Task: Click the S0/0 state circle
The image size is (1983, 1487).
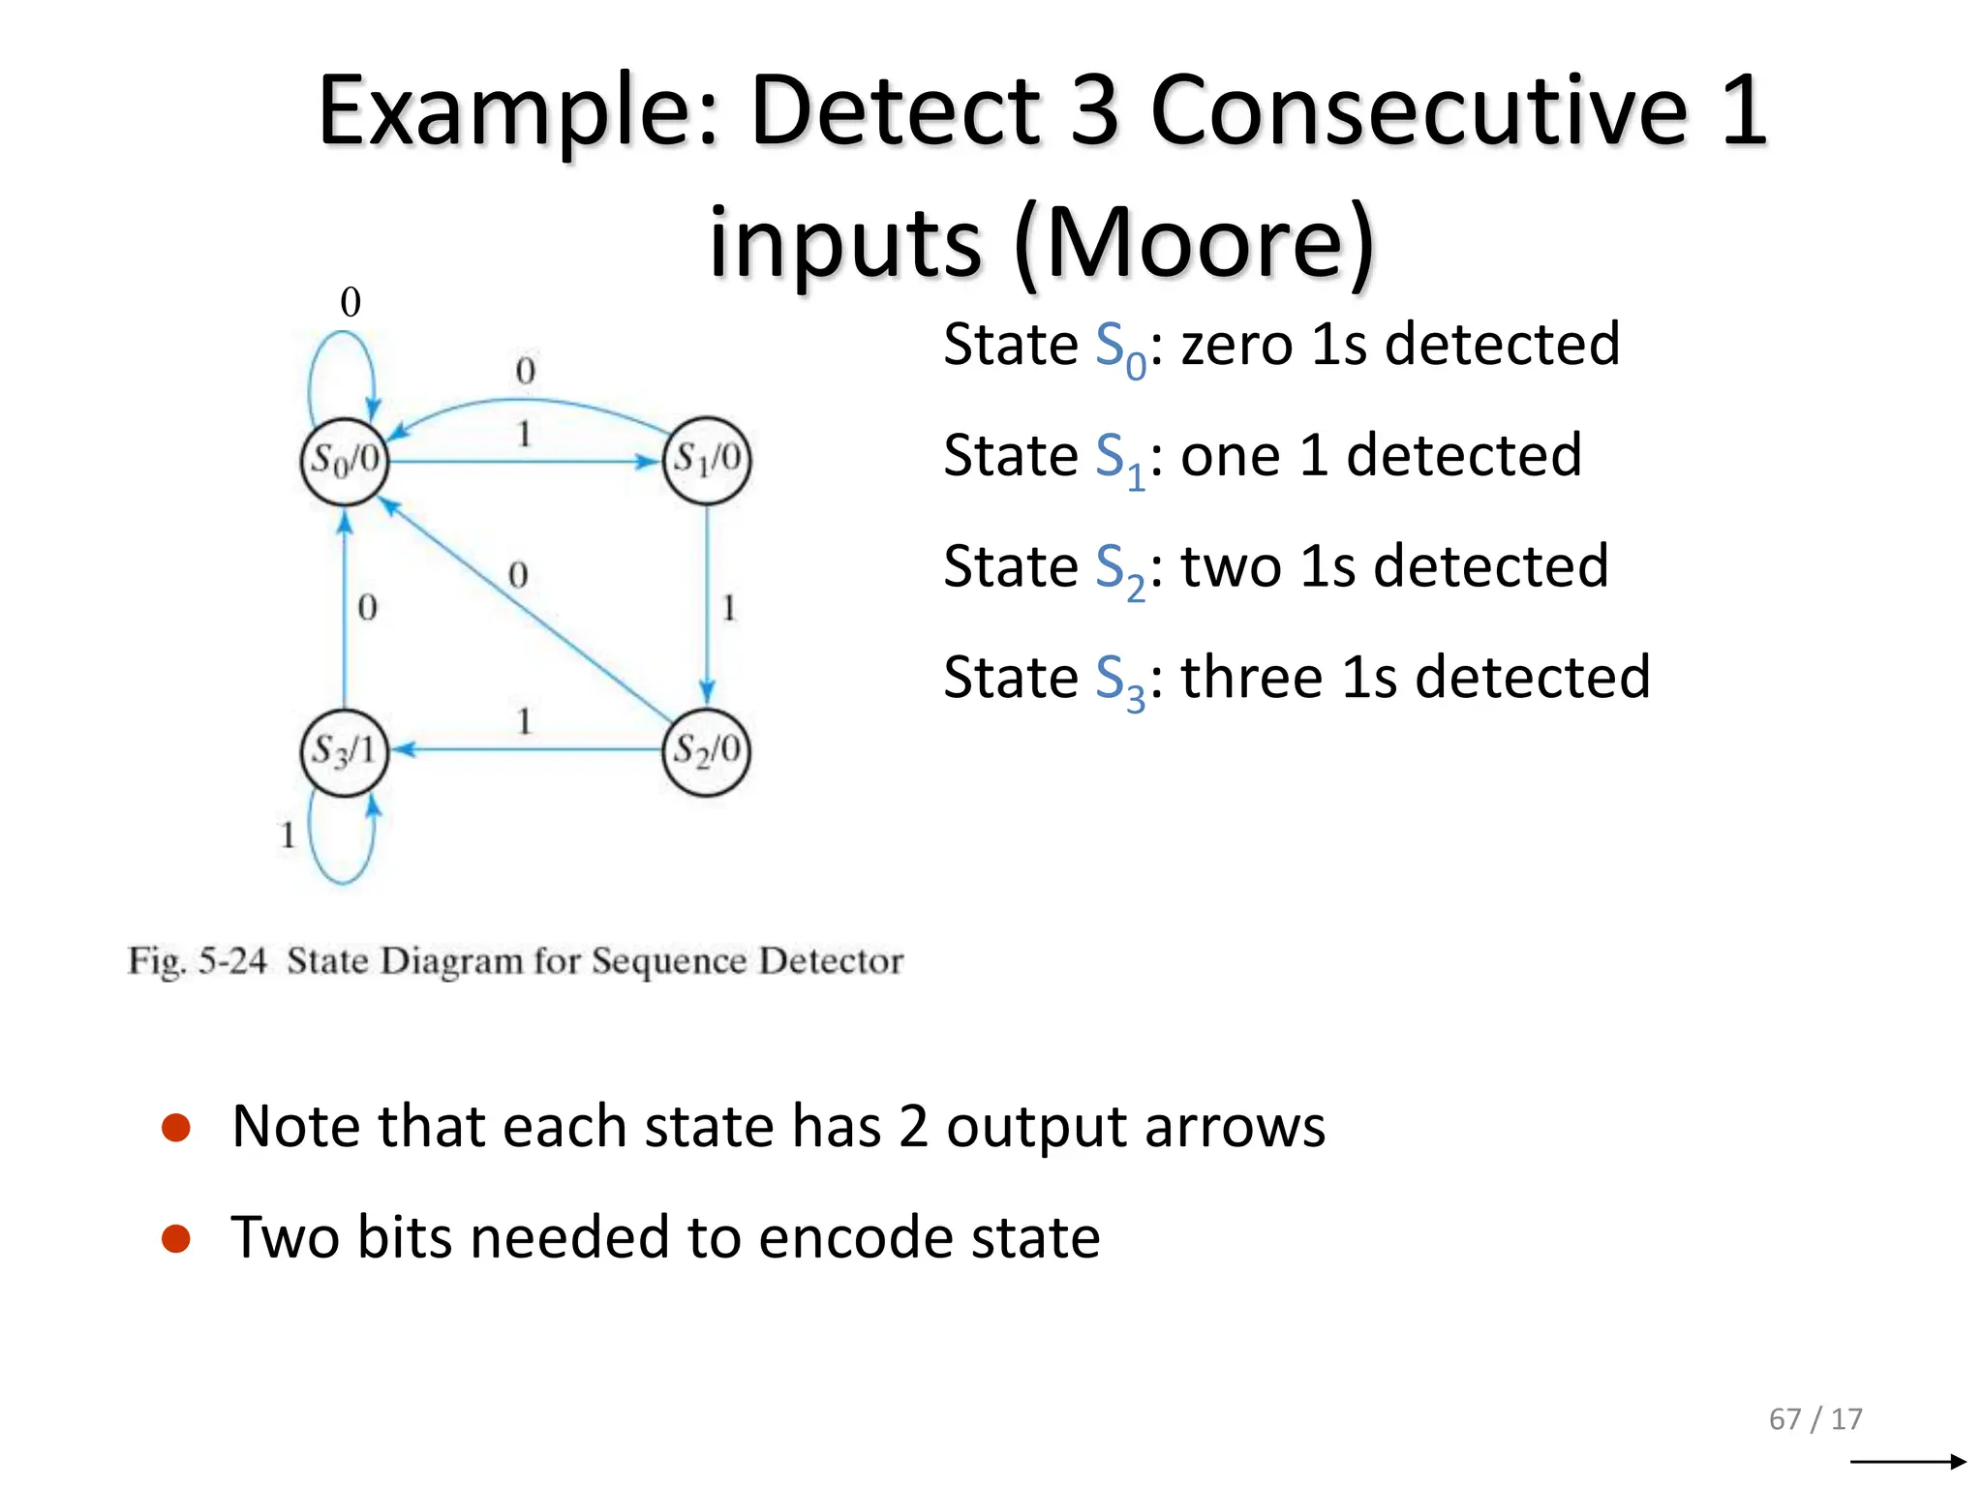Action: [x=344, y=461]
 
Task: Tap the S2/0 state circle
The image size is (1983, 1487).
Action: [x=707, y=751]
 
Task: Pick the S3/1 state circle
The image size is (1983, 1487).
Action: [x=344, y=751]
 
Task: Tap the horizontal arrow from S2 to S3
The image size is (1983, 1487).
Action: [x=528, y=749]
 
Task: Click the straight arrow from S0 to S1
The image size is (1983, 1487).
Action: [x=523, y=461]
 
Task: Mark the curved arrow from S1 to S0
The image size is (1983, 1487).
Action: [x=528, y=400]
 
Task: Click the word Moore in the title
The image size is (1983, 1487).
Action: [x=1196, y=242]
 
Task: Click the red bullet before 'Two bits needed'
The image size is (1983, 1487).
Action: [x=176, y=1238]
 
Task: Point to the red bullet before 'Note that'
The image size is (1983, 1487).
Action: [x=176, y=1128]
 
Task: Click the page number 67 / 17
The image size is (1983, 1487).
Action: [x=1815, y=1419]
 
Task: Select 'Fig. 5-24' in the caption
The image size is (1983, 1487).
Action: [x=198, y=961]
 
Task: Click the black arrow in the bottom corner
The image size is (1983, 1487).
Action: [x=1907, y=1462]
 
